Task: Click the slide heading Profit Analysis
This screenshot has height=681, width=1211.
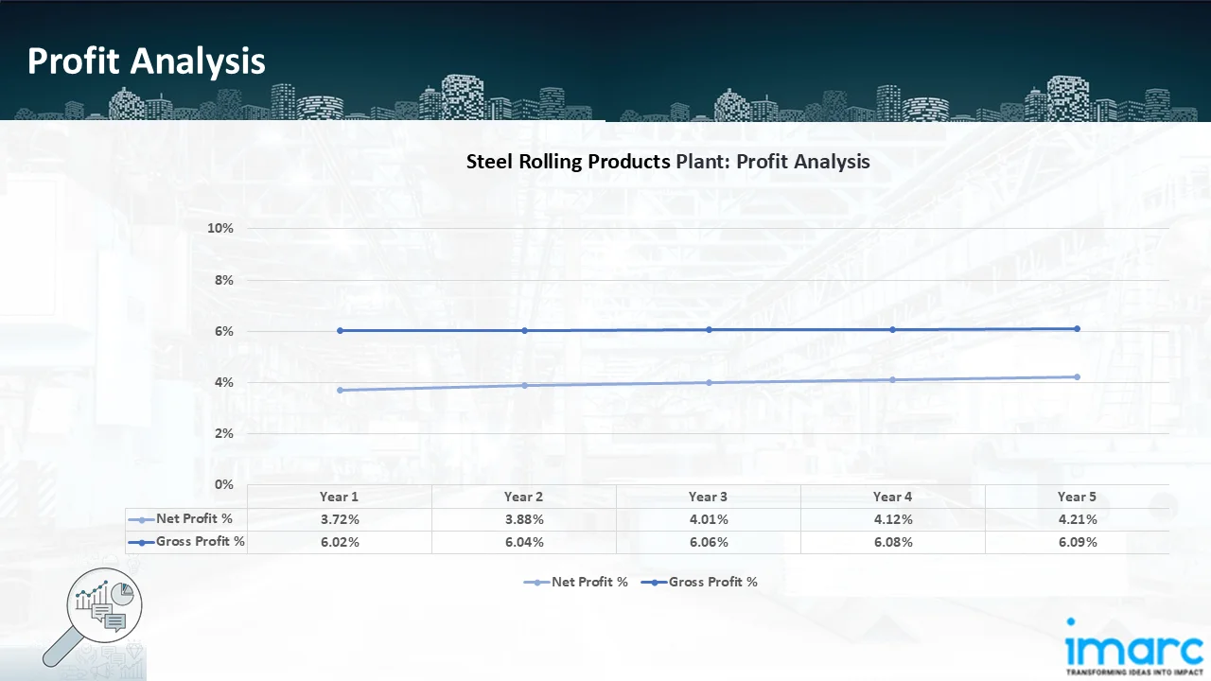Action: tap(147, 61)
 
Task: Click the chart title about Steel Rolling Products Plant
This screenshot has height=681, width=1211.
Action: tap(668, 162)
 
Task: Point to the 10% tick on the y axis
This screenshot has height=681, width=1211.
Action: tap(220, 229)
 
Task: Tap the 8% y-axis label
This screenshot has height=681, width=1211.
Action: tap(222, 280)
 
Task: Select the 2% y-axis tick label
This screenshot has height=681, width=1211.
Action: tap(222, 433)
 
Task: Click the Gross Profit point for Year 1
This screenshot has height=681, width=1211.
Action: tap(340, 330)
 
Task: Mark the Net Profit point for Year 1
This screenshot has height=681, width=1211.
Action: tap(340, 390)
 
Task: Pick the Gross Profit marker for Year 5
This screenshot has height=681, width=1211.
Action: tap(1077, 328)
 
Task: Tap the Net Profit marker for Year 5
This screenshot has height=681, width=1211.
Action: tap(1077, 376)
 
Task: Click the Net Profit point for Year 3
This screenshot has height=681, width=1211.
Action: tap(709, 382)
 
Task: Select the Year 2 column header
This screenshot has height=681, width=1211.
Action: tap(524, 497)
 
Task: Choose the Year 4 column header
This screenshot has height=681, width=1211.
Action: tap(892, 497)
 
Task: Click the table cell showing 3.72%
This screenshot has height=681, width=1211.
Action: tap(340, 519)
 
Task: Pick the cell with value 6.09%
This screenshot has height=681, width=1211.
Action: tap(1077, 542)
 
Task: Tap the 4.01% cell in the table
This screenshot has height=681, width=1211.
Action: tap(709, 519)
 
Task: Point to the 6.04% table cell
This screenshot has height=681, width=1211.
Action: tap(524, 542)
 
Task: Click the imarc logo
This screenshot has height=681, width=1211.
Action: tap(1132, 647)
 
